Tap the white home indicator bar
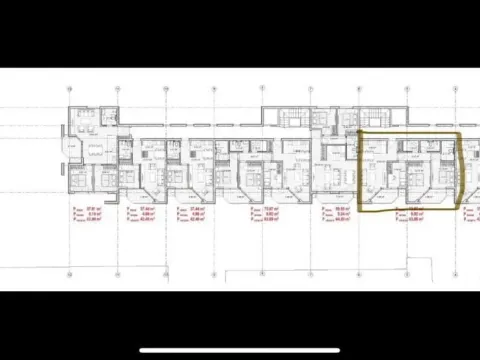coord(240,350)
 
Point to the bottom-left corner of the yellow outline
coord(361,210)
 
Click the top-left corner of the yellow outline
coord(359,131)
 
